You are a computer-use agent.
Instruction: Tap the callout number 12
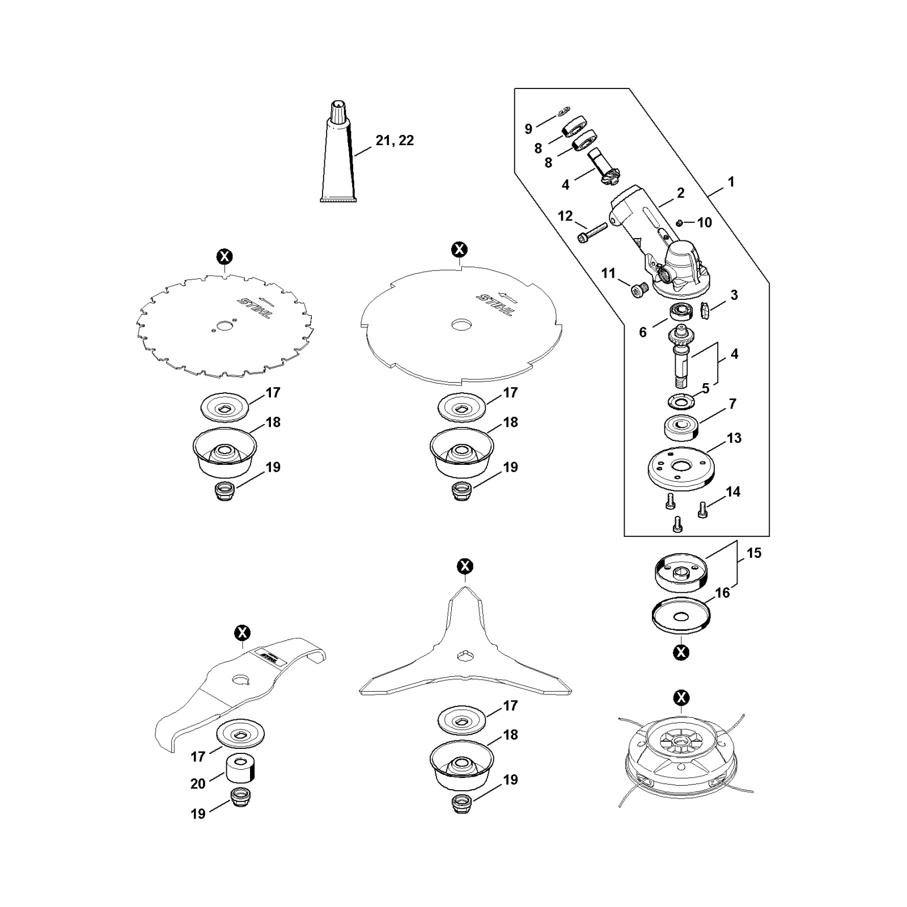point(565,216)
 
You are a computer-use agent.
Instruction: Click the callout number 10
point(704,222)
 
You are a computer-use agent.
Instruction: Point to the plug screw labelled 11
point(639,290)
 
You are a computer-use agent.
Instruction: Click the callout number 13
point(734,438)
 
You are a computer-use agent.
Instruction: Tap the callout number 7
point(732,404)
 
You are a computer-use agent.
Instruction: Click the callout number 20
point(198,784)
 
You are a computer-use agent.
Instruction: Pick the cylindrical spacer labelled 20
point(241,769)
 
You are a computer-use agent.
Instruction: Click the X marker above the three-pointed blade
point(465,566)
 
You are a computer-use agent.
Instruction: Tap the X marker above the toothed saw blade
point(225,257)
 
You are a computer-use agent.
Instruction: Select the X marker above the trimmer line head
point(681,697)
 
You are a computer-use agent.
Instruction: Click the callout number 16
point(722,593)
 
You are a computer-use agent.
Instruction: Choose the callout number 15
point(754,553)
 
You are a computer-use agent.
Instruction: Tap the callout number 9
point(528,129)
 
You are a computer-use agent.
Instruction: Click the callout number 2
point(680,193)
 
